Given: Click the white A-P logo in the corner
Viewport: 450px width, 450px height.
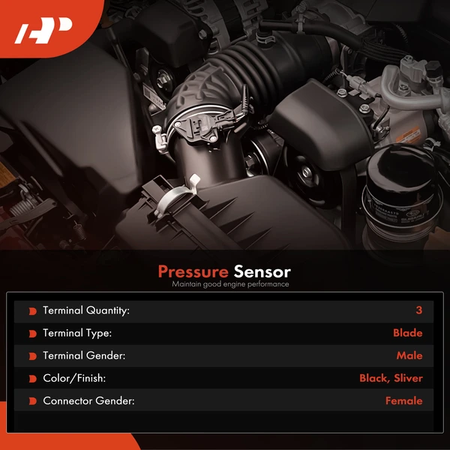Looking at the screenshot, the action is [x=43, y=31].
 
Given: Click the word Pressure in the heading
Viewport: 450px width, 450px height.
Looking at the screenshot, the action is [x=193, y=271].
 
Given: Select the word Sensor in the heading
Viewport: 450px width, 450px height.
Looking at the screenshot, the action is [x=262, y=271].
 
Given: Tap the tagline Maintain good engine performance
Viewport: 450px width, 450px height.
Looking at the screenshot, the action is [x=230, y=284].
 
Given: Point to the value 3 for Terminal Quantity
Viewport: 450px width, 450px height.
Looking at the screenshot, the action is [x=419, y=310].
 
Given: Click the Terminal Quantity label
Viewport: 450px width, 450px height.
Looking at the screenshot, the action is [x=86, y=310].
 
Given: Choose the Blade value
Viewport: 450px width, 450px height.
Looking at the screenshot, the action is [x=407, y=333].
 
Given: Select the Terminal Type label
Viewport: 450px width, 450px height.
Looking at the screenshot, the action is [x=77, y=333].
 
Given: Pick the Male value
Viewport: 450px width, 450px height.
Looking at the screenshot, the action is [x=409, y=355].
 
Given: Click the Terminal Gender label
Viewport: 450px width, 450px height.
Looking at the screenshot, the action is [x=84, y=355].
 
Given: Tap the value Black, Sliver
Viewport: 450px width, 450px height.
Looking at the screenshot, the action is [x=391, y=378].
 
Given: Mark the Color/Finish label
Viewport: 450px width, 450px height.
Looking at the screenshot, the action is [x=74, y=378].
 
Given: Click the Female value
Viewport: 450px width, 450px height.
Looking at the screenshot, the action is [x=403, y=400].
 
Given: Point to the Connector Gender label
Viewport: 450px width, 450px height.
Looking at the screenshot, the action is [x=88, y=400].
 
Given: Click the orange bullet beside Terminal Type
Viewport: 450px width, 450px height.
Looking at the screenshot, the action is [x=33, y=334].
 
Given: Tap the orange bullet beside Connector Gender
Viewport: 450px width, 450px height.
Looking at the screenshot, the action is [x=33, y=401].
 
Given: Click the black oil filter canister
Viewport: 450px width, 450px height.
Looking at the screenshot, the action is [x=402, y=195].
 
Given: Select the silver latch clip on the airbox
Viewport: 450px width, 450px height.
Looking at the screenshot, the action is [x=175, y=195].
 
